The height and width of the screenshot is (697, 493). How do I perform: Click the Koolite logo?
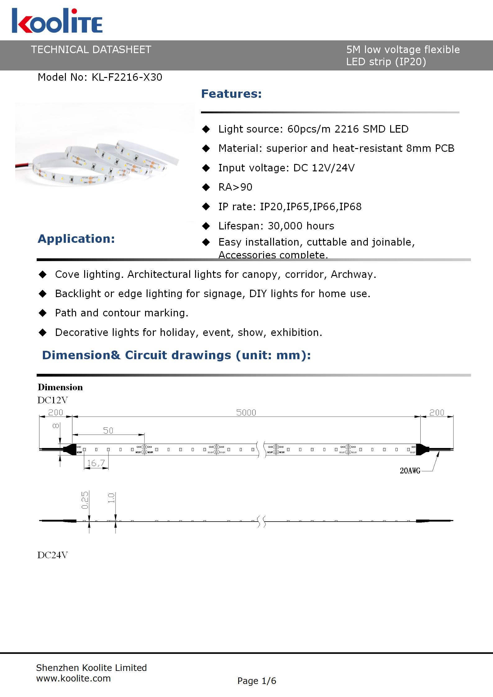[57, 21]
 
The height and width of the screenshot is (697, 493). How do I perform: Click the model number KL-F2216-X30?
[127, 77]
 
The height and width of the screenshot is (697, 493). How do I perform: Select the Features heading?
[231, 94]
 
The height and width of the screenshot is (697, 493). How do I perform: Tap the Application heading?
[76, 239]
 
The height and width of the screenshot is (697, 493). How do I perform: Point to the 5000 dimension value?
[246, 413]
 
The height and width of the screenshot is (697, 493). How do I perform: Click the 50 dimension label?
[108, 431]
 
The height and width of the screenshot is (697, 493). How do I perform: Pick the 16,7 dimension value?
[96, 463]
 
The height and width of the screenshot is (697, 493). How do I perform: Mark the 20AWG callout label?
[410, 471]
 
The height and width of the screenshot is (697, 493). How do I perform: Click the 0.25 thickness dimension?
[85, 500]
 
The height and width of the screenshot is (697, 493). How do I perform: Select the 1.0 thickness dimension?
[111, 498]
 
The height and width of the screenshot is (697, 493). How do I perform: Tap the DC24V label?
[52, 555]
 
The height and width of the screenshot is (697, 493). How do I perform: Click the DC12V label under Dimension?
[52, 400]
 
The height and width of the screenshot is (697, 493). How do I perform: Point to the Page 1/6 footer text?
[257, 681]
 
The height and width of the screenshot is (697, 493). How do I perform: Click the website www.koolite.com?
[73, 678]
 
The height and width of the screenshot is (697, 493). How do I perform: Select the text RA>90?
[235, 187]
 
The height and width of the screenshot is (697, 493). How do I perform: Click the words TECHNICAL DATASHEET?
[91, 50]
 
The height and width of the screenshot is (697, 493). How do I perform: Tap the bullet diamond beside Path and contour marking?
[43, 313]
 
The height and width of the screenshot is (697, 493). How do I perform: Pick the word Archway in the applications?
[353, 274]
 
